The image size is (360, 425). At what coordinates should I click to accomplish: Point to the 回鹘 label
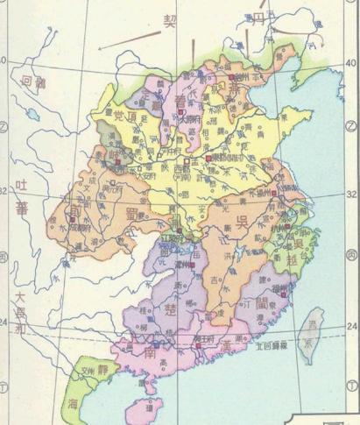point(32,84)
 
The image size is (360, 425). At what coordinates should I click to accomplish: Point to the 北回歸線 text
point(269,346)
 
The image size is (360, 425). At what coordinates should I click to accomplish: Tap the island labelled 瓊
point(150,407)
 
